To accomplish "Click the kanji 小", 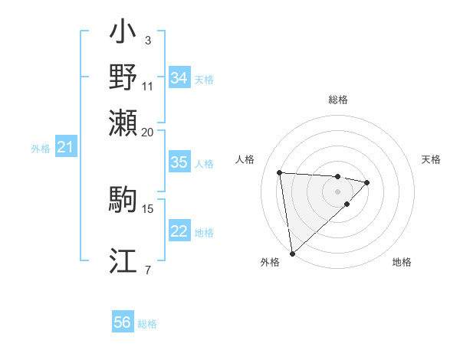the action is tap(123, 33).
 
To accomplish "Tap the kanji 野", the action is tap(123, 77).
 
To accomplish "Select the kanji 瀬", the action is tap(123, 122).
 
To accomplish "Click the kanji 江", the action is tap(123, 261).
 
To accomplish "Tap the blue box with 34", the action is tap(179, 78).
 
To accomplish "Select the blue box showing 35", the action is tap(179, 162).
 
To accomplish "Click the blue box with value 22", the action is tap(179, 231).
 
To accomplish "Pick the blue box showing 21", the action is tap(65, 147).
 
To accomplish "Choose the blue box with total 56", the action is tap(123, 322).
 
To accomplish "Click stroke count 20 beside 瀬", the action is tap(148, 132).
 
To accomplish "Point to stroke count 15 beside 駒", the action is tap(148, 208).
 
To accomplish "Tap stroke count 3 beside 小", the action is tap(148, 40).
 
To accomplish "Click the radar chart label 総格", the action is tap(337, 100).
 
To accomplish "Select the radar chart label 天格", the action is tap(431, 159).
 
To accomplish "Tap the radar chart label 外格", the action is tap(270, 262).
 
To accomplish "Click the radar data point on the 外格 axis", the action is tap(292, 253).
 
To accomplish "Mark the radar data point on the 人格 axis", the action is tap(280, 172).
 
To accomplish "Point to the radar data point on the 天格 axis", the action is tap(367, 182).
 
